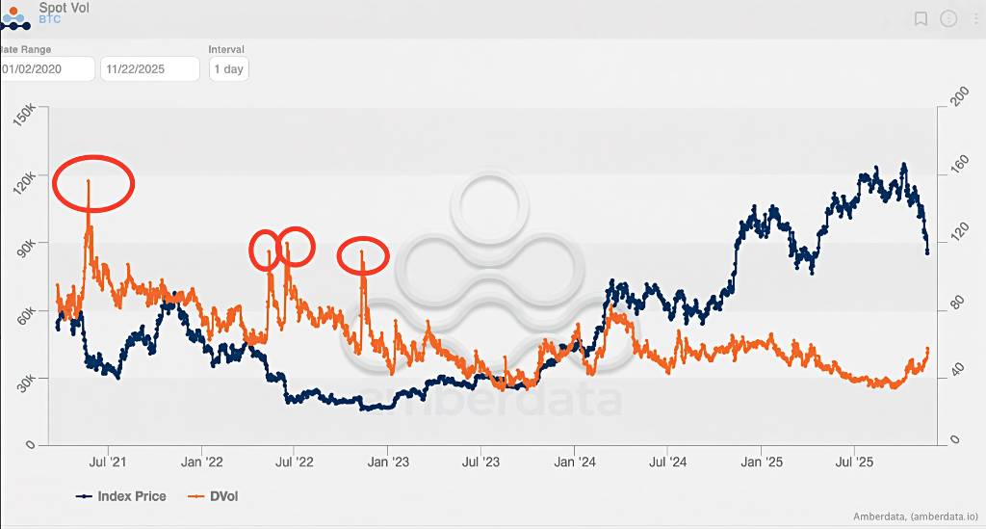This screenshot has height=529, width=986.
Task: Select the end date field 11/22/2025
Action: pos(149,69)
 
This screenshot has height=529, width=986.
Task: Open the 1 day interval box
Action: pos(228,69)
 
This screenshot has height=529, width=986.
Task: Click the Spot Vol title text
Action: pos(65,7)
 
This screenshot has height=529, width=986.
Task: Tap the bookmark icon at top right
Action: pos(921,18)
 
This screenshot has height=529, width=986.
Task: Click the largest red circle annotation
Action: pos(93,182)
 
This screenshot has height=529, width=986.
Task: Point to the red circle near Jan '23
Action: pos(363,255)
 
